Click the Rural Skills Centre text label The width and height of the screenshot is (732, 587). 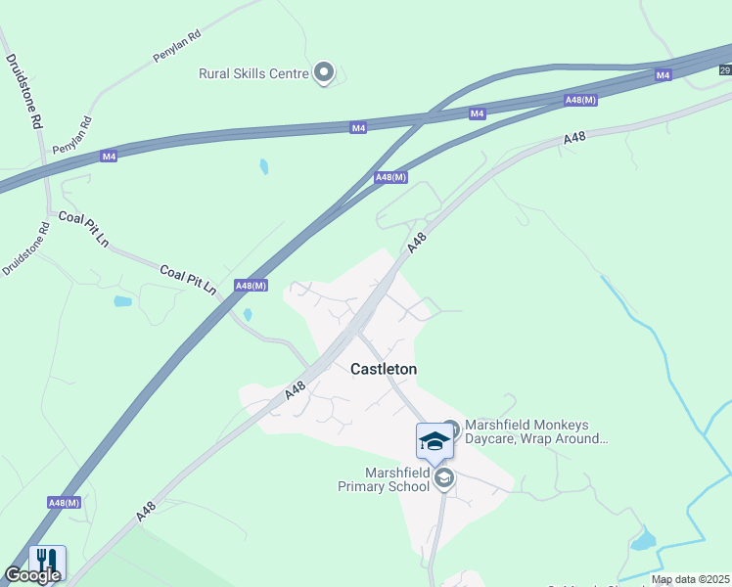pos(253,73)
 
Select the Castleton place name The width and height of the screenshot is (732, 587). pos(384,369)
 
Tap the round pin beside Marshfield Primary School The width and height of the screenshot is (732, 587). pos(444,477)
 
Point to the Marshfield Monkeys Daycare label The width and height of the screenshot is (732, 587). pos(536,432)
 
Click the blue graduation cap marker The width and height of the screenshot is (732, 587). pos(435,442)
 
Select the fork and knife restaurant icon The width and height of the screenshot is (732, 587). pos(47,563)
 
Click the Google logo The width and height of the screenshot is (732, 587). pos(32,575)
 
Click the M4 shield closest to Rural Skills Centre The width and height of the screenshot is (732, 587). pos(359,127)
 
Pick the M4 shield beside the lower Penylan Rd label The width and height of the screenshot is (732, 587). pos(108,156)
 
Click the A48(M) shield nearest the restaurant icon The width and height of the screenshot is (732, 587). pos(63,502)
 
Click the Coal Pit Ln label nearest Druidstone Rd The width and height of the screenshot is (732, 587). pos(83,228)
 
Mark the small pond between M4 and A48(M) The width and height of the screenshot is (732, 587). pos(263,166)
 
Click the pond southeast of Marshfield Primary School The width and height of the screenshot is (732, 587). pos(642,540)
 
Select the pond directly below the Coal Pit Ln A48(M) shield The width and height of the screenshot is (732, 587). pos(247,315)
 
